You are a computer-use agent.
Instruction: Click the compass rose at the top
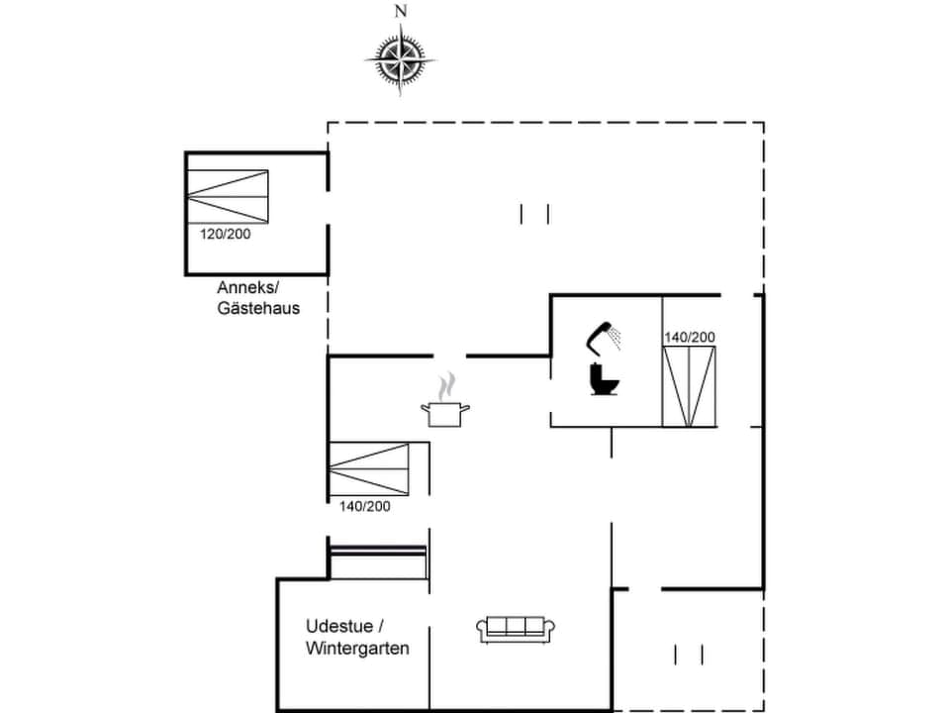point(401,58)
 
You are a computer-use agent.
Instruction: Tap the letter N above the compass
point(401,12)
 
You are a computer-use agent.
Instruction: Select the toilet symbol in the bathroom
point(602,378)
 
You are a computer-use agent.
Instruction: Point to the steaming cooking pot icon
point(445,412)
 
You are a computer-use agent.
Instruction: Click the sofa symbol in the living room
point(516,629)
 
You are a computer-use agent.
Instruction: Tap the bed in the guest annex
point(229,196)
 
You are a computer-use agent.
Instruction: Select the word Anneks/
point(247,288)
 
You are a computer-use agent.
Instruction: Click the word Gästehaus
point(258,308)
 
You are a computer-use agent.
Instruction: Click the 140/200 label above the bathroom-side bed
point(689,338)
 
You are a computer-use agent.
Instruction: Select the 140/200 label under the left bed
point(364,506)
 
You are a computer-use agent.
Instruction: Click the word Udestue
point(338,627)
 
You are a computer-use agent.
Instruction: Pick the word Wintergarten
point(357,649)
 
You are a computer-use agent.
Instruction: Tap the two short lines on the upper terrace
point(534,214)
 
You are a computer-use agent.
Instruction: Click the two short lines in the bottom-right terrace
point(689,655)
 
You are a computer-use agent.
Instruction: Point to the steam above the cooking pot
point(448,384)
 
